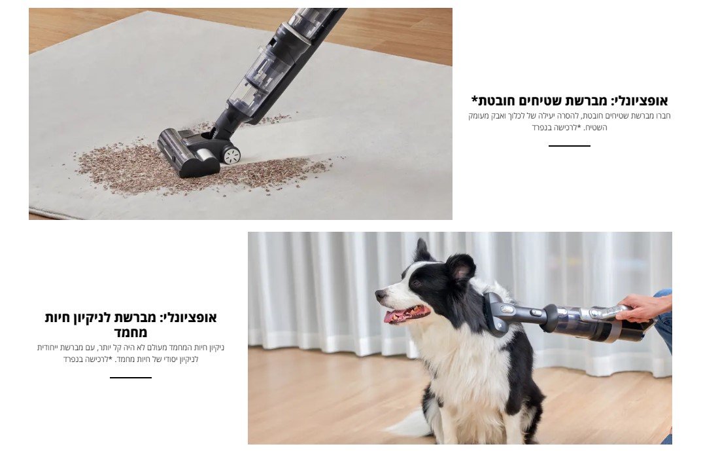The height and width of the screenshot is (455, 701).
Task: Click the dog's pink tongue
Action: pyautogui.click(x=394, y=316)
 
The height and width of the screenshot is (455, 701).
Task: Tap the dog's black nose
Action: pyautogui.click(x=381, y=295)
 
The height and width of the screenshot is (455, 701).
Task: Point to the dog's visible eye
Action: pyautogui.click(x=416, y=283)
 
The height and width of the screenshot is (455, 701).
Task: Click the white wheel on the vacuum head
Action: pyautogui.click(x=232, y=155)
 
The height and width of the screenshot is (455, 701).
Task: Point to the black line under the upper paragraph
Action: pyautogui.click(x=569, y=145)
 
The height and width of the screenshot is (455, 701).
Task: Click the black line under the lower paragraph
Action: pyautogui.click(x=131, y=378)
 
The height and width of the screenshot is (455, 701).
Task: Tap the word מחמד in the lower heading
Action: pyautogui.click(x=131, y=333)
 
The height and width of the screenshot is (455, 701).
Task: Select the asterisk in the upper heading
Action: pyautogui.click(x=475, y=98)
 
